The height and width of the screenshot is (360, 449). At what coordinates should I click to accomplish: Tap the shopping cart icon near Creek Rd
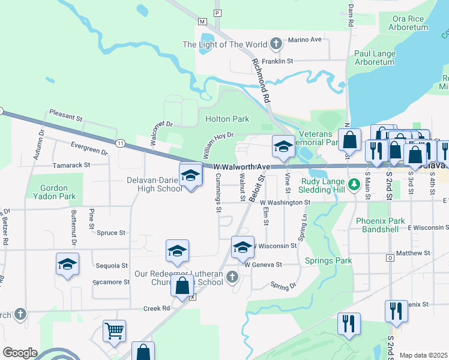point(114,331)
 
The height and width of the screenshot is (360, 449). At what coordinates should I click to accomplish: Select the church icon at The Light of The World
point(276,44)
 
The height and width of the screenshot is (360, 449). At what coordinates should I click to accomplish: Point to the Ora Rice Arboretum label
point(408,23)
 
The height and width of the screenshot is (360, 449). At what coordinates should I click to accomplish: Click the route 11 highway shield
point(120,143)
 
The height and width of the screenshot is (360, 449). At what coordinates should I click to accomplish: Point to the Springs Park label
point(328,260)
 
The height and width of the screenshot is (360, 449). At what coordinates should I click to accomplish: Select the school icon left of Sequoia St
point(67,264)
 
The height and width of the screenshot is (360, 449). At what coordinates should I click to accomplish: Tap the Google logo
point(19,353)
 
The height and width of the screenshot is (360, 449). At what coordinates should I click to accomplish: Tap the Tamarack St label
point(71,164)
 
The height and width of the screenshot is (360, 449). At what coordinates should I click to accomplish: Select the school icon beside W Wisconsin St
point(243,247)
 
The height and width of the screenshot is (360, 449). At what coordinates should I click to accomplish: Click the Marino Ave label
point(305,40)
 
